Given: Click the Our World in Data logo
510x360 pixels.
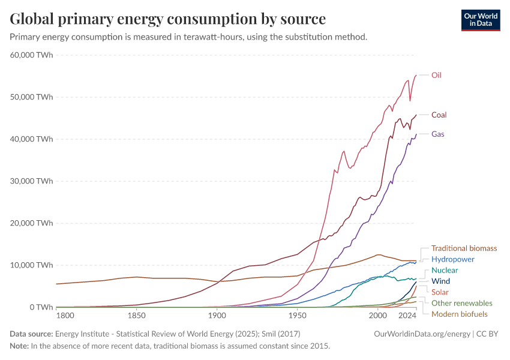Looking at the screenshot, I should click(480, 20).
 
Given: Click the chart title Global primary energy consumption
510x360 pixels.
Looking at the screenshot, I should click(168, 19).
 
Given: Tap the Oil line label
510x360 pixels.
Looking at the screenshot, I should click(436, 75).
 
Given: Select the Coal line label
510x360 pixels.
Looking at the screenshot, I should click(439, 115).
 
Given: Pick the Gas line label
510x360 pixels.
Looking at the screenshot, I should click(437, 134).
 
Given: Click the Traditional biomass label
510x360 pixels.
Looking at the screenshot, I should click(464, 248).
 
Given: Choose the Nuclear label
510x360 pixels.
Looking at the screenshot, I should click(445, 270).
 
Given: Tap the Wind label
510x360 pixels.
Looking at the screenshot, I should click(440, 281).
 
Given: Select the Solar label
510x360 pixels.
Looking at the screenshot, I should click(440, 292).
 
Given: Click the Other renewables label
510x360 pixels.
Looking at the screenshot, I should click(461, 303).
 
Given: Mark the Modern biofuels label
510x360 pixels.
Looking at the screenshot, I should click(459, 314).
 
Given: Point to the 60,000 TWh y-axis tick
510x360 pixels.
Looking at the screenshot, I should click(31, 55).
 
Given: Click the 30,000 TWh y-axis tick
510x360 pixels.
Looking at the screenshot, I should click(31, 181).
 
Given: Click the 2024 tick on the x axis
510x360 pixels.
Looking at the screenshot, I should click(407, 316).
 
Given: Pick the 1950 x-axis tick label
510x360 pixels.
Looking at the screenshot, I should click(297, 316).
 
